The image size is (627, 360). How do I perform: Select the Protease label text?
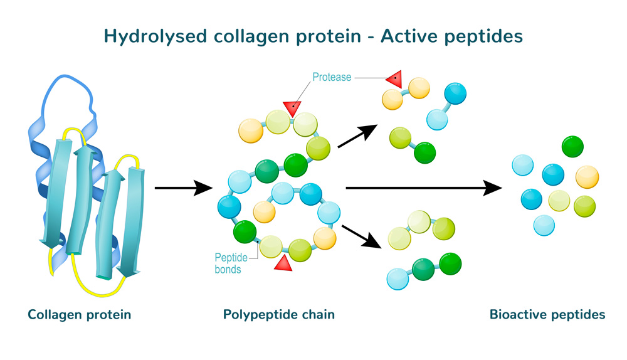[332, 78]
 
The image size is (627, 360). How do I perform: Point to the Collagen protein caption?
[80, 314]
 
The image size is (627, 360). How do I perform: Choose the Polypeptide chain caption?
[279, 314]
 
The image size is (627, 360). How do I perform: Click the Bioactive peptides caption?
[547, 314]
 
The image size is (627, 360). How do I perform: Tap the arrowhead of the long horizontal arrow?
[493, 187]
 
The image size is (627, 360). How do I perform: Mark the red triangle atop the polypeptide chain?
[292, 107]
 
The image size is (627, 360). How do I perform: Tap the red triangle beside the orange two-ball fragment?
[394, 79]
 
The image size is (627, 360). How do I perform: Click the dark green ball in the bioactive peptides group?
[572, 146]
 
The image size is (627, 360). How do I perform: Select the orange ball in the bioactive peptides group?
[587, 176]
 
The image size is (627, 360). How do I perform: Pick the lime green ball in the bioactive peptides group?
[584, 206]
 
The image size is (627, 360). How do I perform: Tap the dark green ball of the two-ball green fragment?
[424, 152]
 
